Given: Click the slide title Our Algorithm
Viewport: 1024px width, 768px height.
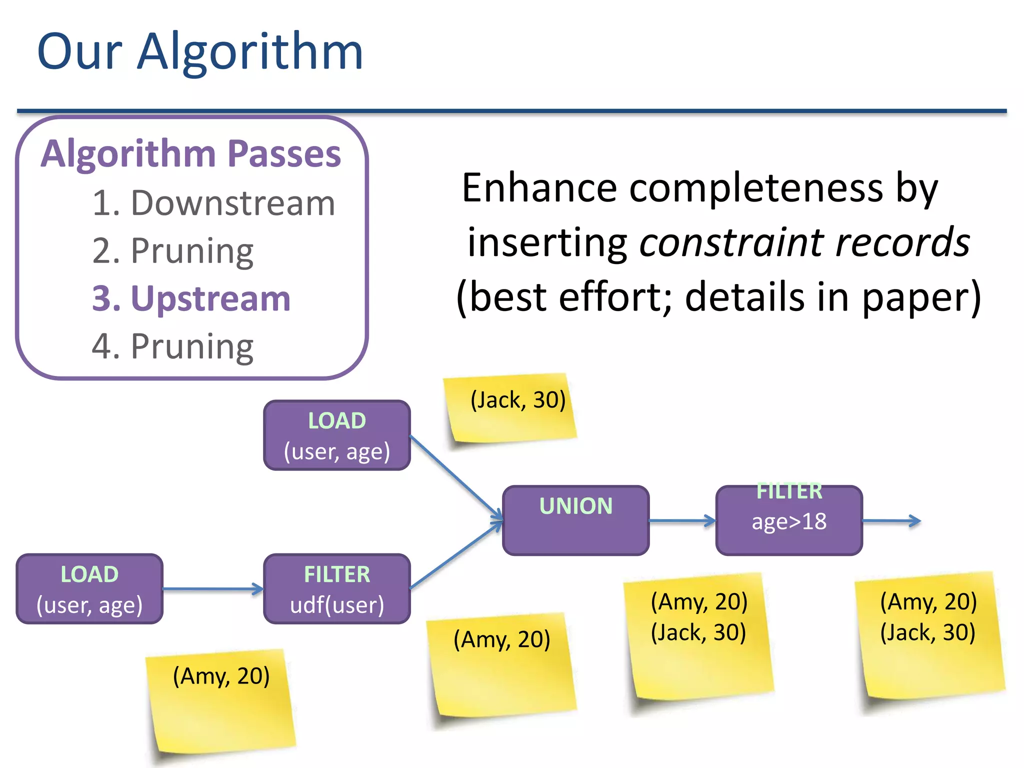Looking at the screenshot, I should (x=200, y=51).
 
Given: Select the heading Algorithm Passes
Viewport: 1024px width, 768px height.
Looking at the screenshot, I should (x=191, y=153).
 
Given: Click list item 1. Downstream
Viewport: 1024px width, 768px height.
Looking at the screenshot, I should (x=213, y=203).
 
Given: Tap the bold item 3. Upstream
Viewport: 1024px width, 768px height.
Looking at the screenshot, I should (x=191, y=298).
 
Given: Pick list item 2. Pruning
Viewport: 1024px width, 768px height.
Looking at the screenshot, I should (x=173, y=251).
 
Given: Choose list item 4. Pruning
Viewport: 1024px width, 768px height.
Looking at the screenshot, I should (x=173, y=346).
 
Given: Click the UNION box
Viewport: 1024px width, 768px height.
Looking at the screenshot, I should (x=575, y=520).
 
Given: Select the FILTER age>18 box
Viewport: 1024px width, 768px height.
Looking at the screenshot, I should (x=789, y=520).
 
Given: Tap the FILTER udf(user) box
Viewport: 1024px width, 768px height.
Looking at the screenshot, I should (x=337, y=589).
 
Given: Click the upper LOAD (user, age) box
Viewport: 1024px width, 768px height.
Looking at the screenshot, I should (x=337, y=435).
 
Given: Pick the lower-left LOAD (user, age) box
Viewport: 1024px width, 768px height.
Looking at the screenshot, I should (x=89, y=589).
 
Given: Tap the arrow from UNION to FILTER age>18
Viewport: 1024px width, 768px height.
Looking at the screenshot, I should (x=682, y=520).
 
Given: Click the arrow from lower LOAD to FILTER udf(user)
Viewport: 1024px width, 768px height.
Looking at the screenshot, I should (x=212, y=589).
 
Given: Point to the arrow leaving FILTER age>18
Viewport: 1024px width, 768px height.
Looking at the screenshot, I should (x=891, y=520).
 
